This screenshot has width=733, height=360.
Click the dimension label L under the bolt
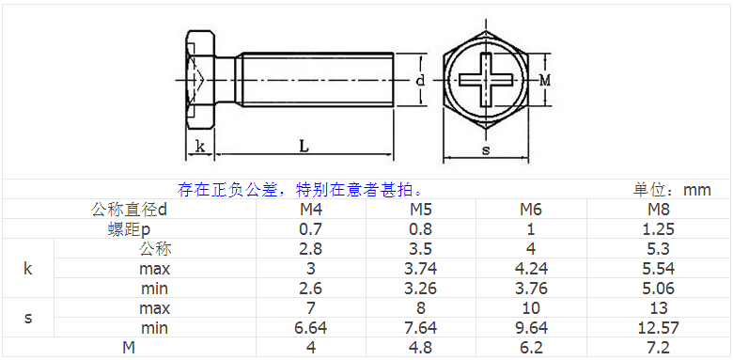point(304,146)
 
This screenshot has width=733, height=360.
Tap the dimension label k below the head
point(199,146)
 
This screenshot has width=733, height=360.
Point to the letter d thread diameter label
point(421,81)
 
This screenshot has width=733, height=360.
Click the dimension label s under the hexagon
point(486,150)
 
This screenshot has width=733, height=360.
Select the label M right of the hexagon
point(545,81)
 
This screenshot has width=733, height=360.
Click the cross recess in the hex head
point(486,80)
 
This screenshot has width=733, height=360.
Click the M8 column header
point(659,210)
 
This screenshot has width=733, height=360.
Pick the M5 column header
point(421,210)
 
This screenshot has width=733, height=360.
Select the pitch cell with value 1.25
point(658,229)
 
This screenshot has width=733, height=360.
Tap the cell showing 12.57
point(658,328)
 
